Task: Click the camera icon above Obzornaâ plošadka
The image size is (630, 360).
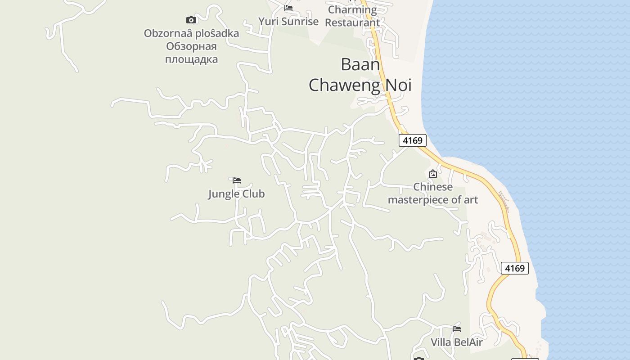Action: pyautogui.click(x=191, y=20)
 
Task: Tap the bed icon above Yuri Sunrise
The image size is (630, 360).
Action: pyautogui.click(x=288, y=9)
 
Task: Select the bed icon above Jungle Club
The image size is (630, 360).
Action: pyautogui.click(x=237, y=180)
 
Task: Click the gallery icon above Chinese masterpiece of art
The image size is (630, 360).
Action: pyautogui.click(x=432, y=174)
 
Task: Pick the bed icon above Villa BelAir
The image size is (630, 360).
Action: pyautogui.click(x=457, y=329)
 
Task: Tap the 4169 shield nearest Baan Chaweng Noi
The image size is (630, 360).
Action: pyautogui.click(x=412, y=140)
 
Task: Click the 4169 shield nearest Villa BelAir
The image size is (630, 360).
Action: pyautogui.click(x=514, y=268)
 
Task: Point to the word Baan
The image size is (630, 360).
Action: pyautogui.click(x=360, y=64)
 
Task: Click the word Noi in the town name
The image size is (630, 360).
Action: pyautogui.click(x=397, y=85)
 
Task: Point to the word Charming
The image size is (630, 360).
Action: pyautogui.click(x=352, y=9)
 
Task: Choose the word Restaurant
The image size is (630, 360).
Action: pyautogui.click(x=352, y=22)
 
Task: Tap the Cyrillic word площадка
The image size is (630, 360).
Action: pyautogui.click(x=191, y=59)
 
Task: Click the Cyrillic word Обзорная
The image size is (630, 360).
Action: pyautogui.click(x=191, y=46)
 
